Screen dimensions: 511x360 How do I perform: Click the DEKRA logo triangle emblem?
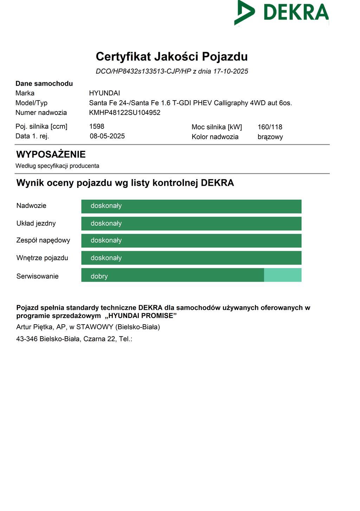pyautogui.click(x=244, y=13)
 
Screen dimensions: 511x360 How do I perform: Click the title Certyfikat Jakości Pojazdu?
pyautogui.click(x=172, y=57)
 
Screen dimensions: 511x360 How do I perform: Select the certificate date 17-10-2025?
pyautogui.click(x=231, y=71)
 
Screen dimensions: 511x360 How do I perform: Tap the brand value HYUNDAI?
pyautogui.click(x=104, y=93)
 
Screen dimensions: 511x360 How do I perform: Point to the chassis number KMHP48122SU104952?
pyautogui.click(x=125, y=113)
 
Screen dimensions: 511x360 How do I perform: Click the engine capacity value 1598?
pyautogui.click(x=97, y=126)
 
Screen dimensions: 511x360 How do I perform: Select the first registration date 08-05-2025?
pyautogui.click(x=107, y=136)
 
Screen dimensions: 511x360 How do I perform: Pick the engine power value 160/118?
pyautogui.click(x=270, y=127)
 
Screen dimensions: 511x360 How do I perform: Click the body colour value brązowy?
pyautogui.click(x=270, y=137)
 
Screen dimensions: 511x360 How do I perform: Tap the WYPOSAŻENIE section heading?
pyautogui.click(x=51, y=154)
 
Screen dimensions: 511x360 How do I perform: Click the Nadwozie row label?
pyautogui.click(x=31, y=206)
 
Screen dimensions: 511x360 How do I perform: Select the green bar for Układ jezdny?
pyautogui.click(x=191, y=224)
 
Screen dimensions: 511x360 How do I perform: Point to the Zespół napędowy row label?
pyautogui.click(x=43, y=240)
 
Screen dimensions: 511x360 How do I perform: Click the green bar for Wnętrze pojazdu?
pyautogui.click(x=191, y=258)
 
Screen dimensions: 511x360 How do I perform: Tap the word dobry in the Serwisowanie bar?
pyautogui.click(x=99, y=276)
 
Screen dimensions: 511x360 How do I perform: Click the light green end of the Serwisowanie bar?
pyautogui.click(x=283, y=275)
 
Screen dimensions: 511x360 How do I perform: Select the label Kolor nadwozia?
pyautogui.click(x=215, y=137)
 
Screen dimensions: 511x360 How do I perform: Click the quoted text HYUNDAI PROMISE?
pyautogui.click(x=141, y=316)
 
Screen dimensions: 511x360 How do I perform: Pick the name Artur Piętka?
pyautogui.click(x=34, y=327)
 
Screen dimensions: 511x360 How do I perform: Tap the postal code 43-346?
pyautogui.click(x=27, y=339)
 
